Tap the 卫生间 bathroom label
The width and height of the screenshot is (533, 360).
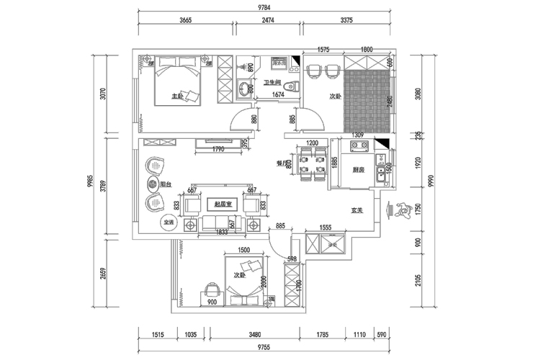(x=272, y=82)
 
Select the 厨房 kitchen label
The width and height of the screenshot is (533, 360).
(x=357, y=171)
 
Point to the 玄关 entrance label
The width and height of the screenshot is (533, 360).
(x=356, y=211)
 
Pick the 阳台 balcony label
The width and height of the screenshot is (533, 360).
(x=165, y=184)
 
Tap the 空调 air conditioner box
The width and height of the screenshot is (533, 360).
(x=168, y=222)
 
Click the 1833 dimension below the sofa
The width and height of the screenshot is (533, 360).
(x=222, y=233)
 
